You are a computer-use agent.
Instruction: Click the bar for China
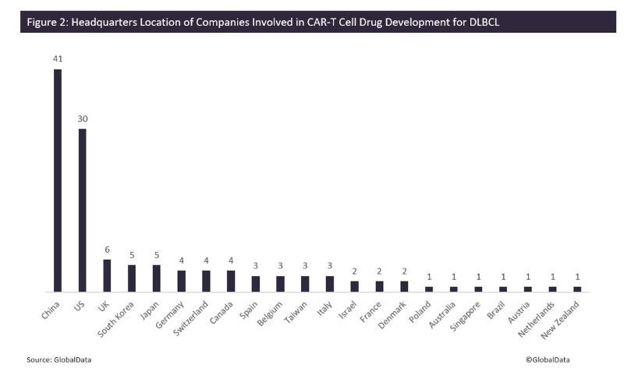(x=57, y=180)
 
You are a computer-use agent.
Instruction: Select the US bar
(x=82, y=210)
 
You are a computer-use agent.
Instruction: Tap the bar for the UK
(x=107, y=275)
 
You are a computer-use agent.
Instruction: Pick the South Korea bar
(x=132, y=278)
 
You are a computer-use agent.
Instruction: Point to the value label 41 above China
(x=57, y=58)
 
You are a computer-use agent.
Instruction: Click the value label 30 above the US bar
(x=82, y=118)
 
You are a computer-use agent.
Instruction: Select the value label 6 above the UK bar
(x=107, y=249)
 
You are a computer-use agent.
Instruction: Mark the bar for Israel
(x=354, y=285)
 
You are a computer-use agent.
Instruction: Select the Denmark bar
(x=404, y=285)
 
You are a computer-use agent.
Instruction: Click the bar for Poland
(x=428, y=289)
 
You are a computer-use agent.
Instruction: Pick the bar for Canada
(x=231, y=281)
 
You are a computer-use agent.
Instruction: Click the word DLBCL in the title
(x=479, y=22)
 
